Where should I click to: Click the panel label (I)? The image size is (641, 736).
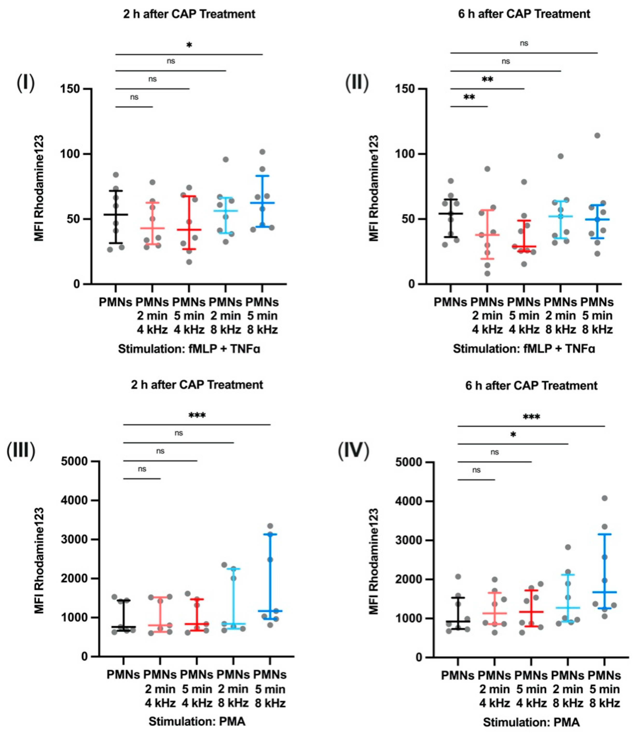point(26,84)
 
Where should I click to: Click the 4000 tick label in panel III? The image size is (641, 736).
point(74,500)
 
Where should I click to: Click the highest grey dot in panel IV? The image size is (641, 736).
point(604,498)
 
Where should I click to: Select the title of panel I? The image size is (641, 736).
point(189,14)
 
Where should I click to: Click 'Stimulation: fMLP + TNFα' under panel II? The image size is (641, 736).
point(524,349)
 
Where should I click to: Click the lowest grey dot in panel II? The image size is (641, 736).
point(487,274)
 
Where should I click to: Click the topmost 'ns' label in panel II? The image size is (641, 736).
point(524,43)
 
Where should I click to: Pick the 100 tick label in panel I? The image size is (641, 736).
point(72,154)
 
